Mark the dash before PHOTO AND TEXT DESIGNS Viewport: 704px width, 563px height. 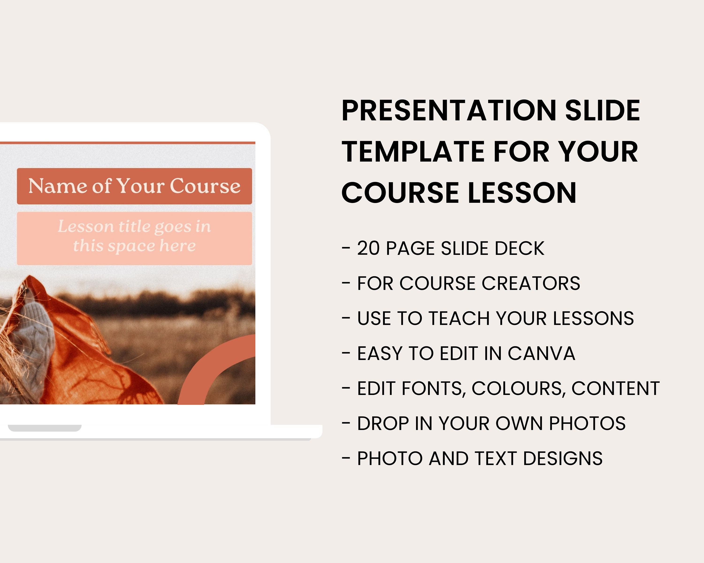[x=346, y=458]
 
